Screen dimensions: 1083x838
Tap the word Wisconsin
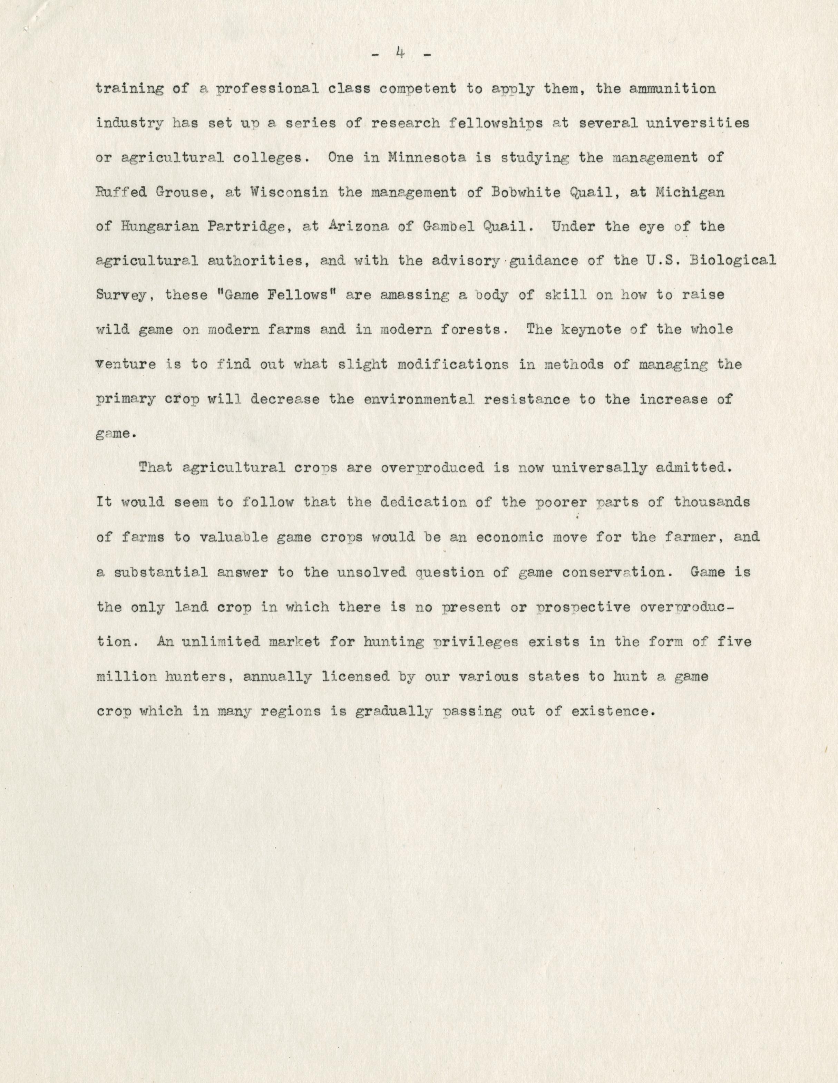pos(288,192)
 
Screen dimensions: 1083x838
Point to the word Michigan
pos(690,192)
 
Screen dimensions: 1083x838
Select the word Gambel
pos(444,226)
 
